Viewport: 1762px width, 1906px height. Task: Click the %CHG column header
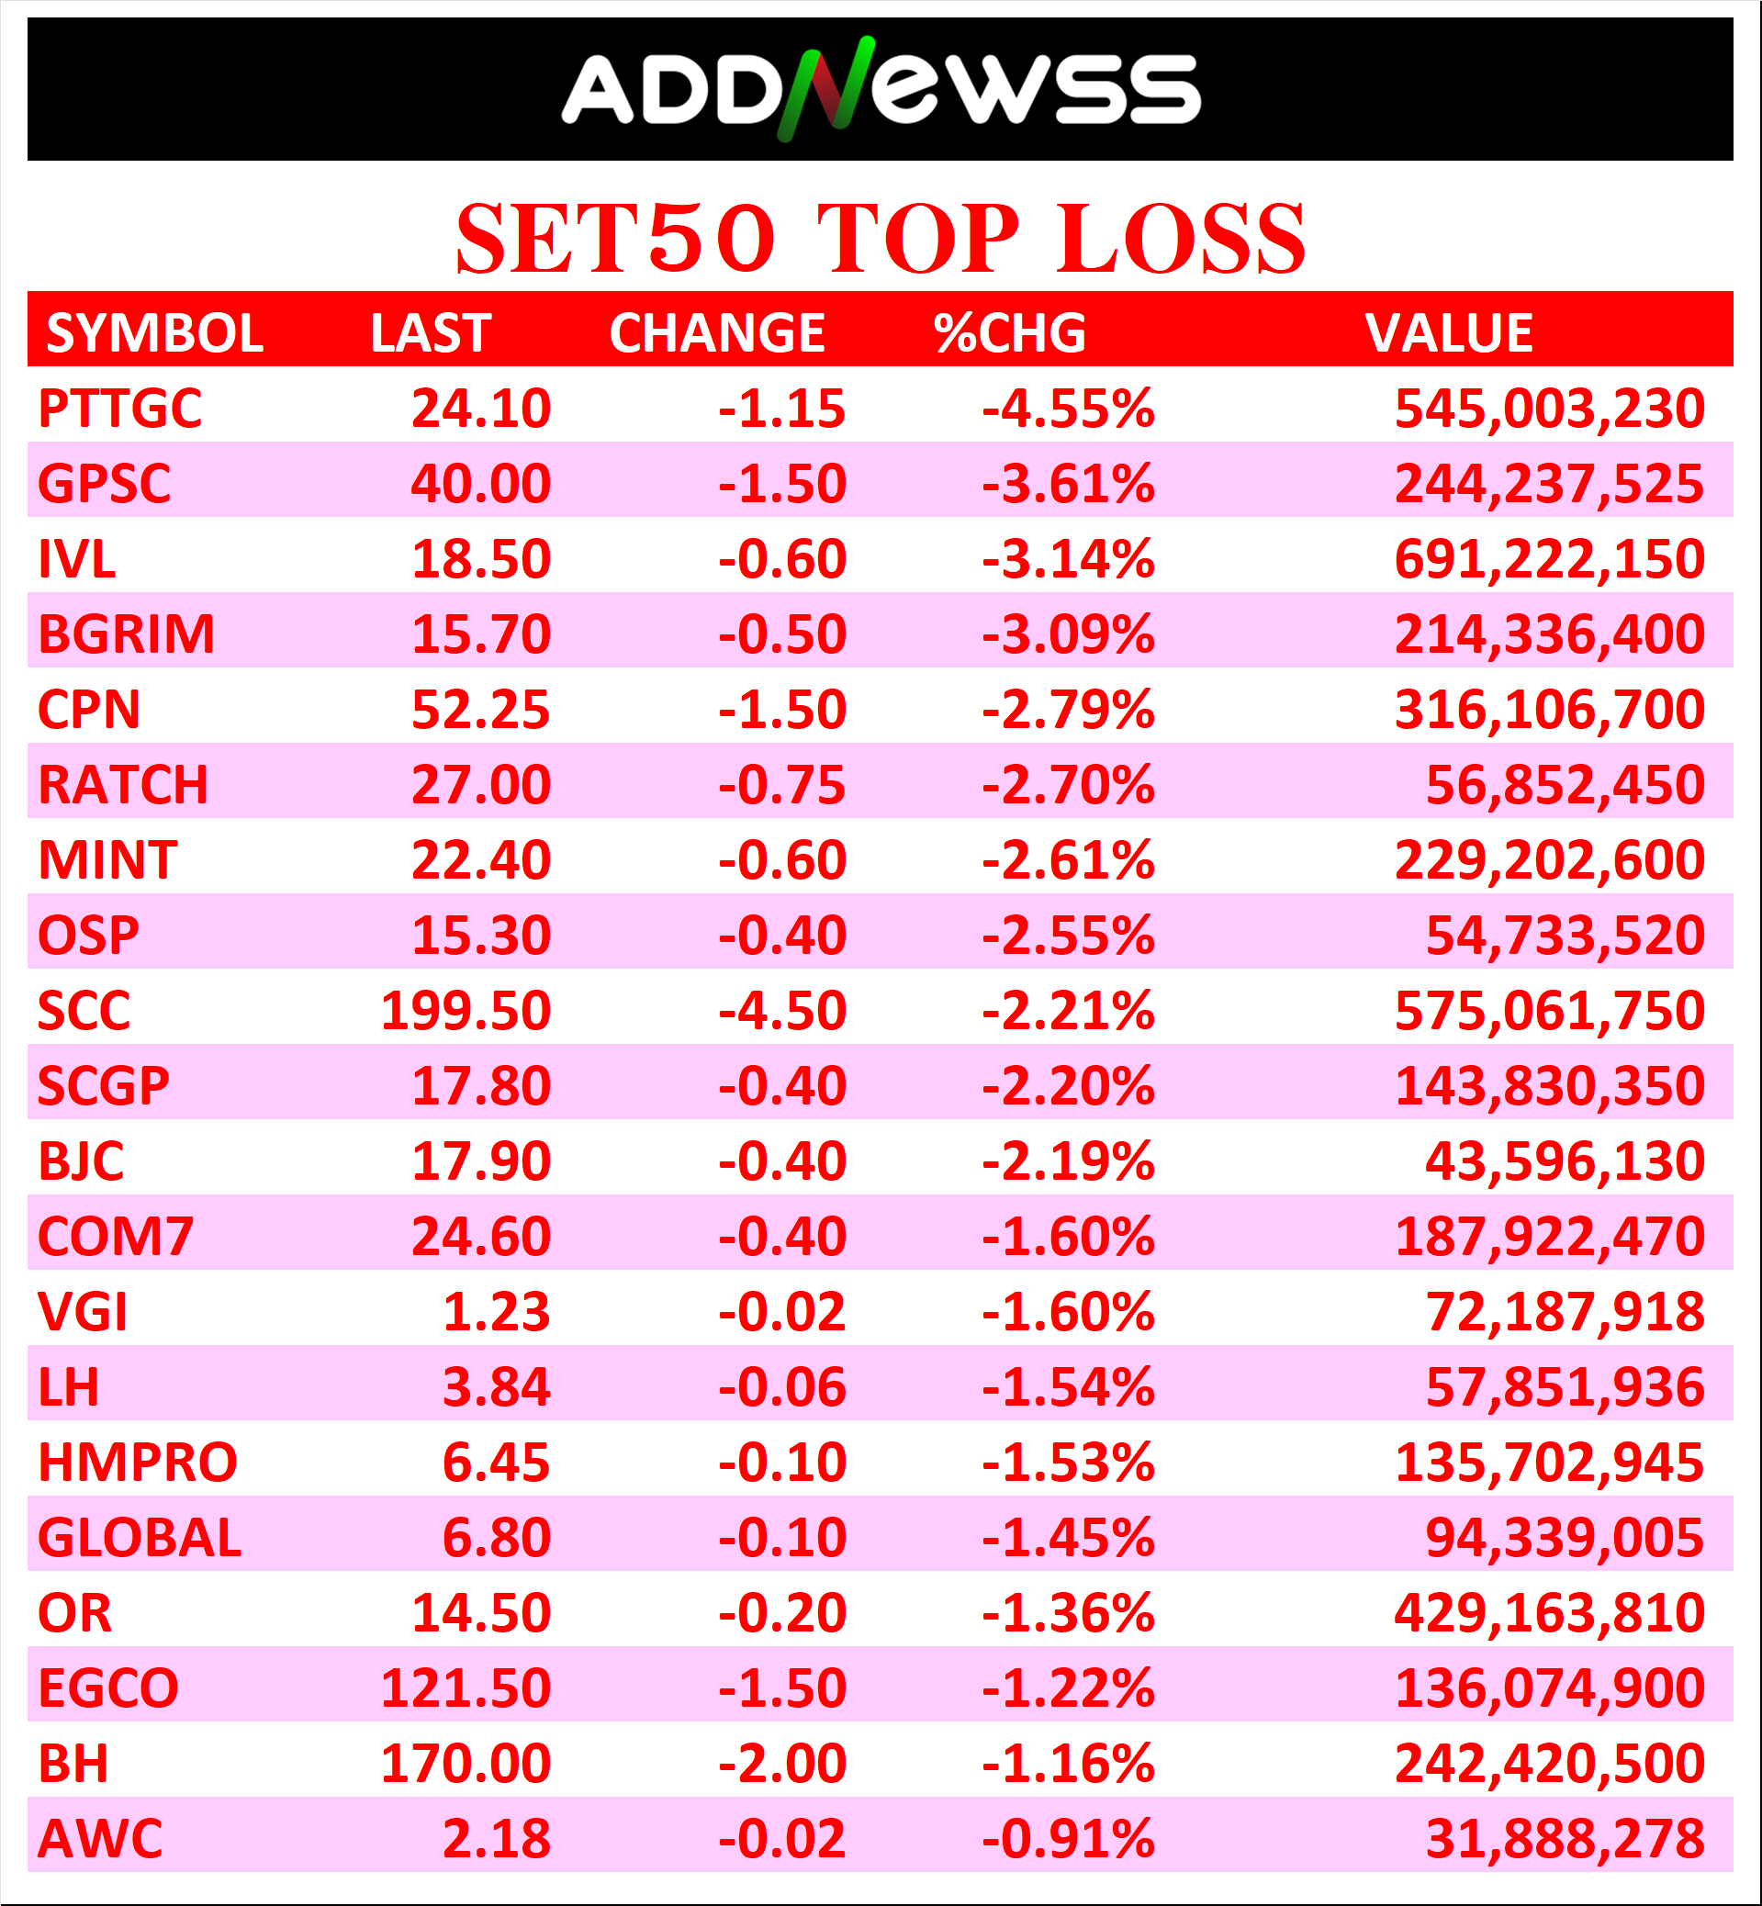pos(1010,332)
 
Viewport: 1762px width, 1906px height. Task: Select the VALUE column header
pos(1448,332)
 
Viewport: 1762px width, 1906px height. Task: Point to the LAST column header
pos(430,332)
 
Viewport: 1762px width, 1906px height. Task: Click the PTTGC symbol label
pos(120,408)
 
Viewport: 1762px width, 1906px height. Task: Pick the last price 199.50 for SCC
pos(466,1011)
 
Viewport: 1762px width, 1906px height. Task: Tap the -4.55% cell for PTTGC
pos(1068,408)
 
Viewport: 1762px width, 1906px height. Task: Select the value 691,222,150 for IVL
pos(1548,559)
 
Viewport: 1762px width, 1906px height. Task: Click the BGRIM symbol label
pos(126,634)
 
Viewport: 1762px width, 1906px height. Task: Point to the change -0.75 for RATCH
pos(782,785)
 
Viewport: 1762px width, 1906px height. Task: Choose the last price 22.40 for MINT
pos(480,860)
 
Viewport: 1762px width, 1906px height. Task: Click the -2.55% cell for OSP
pos(1068,936)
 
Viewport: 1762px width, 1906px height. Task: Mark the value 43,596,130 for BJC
pos(1564,1161)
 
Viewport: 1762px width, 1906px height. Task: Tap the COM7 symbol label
pos(116,1237)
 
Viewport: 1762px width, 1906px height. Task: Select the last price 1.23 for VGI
pos(496,1312)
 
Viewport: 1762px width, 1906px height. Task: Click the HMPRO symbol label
pos(138,1463)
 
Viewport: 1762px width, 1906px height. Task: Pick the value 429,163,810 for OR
pos(1548,1613)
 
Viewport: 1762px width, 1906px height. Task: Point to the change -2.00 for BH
pos(782,1764)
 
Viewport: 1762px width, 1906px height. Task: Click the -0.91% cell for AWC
pos(1068,1839)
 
